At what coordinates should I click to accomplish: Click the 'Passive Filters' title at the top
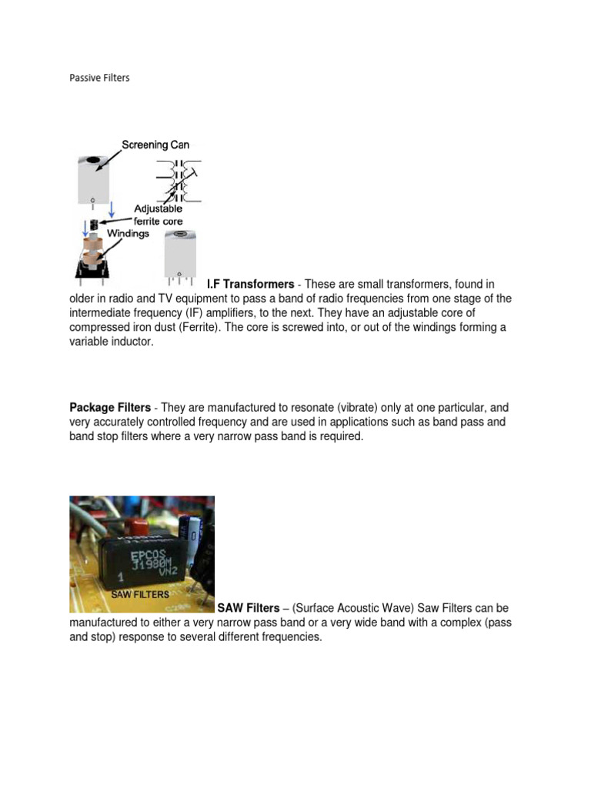[x=99, y=78]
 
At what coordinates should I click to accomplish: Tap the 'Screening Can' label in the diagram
[x=154, y=145]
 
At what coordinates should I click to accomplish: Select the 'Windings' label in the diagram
[x=128, y=233]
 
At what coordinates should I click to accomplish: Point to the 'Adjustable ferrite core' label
[x=158, y=215]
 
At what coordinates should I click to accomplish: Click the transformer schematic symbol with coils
[x=179, y=182]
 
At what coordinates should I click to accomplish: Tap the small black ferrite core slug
[x=94, y=225]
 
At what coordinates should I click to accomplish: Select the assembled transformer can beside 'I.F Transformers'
[x=179, y=254]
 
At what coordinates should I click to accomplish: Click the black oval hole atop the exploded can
[x=93, y=161]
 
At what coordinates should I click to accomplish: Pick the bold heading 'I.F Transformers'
[x=250, y=284]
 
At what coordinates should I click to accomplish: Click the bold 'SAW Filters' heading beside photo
[x=249, y=609]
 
